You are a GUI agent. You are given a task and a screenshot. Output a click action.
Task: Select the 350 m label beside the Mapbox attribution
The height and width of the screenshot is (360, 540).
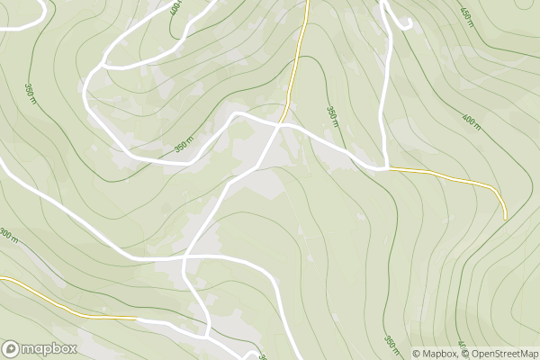point(391,343)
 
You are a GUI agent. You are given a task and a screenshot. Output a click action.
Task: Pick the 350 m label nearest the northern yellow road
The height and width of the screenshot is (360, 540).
point(331,113)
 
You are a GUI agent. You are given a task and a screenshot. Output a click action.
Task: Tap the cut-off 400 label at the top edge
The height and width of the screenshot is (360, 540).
point(175,7)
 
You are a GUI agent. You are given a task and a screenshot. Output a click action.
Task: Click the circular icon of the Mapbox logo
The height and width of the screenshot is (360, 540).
point(12,348)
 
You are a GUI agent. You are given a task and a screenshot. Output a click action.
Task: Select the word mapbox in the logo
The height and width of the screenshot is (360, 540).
point(49,348)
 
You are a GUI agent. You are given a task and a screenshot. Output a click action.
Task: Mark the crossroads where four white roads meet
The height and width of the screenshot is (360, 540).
point(184,258)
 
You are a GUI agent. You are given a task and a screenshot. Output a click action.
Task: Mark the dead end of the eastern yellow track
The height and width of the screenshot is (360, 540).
point(505,218)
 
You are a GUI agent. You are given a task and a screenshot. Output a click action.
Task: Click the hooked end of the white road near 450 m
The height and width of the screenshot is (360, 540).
point(410,24)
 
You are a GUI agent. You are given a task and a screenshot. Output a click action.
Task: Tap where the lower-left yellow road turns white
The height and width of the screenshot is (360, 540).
point(137,318)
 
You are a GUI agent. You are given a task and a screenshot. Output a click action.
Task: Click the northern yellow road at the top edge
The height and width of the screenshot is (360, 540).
point(307,3)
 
